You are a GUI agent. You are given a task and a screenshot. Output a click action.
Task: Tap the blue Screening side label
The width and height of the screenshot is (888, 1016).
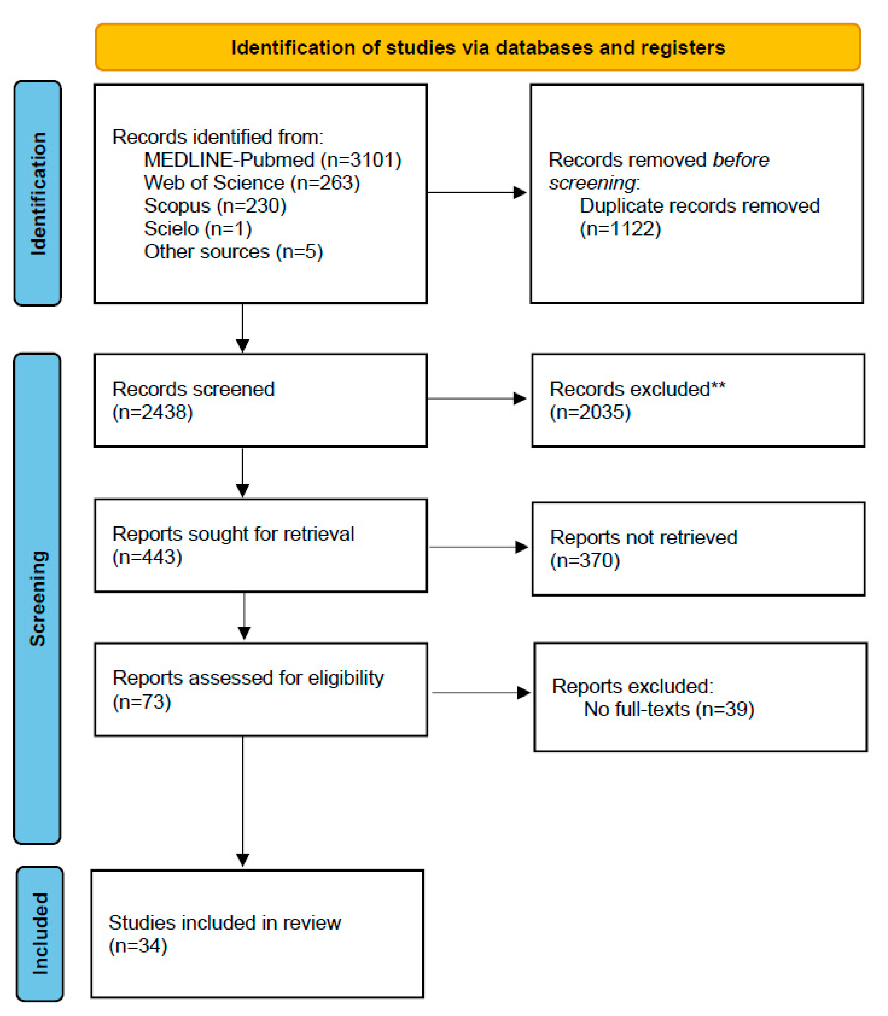[x=38, y=598]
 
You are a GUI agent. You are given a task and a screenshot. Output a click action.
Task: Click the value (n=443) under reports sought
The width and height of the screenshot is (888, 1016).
[x=147, y=557]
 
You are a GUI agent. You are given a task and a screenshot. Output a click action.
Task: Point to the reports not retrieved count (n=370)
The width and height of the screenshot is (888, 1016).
[x=585, y=560]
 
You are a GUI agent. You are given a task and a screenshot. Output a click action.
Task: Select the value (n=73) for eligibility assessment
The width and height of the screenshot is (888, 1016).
[x=142, y=702]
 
